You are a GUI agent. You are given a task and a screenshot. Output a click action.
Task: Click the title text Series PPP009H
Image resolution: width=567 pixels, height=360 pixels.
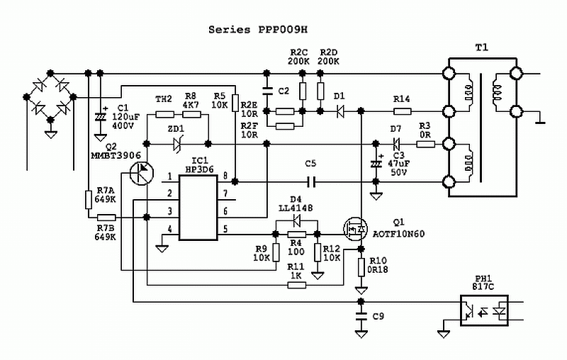click(258, 30)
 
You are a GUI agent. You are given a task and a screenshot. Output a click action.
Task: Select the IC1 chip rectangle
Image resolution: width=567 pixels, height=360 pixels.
click(198, 208)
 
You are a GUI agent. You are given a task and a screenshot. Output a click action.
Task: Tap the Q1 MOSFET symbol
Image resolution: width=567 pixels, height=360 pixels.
click(355, 229)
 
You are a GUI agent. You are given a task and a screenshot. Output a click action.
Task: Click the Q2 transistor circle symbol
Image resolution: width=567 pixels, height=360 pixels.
click(141, 174)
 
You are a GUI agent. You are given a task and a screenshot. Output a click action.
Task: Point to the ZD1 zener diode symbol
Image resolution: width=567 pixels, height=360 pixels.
click(177, 144)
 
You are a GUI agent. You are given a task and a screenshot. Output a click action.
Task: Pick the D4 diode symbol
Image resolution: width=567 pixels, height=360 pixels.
click(297, 220)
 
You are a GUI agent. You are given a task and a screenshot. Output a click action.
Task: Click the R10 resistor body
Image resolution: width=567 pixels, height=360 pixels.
click(361, 267)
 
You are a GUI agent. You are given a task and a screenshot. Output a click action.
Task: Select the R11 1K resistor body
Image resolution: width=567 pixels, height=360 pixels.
click(297, 285)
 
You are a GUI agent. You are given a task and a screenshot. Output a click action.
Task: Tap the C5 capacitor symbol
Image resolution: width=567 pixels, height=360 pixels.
click(310, 182)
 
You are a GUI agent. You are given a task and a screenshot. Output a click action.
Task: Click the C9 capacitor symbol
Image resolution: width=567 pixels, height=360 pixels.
click(361, 317)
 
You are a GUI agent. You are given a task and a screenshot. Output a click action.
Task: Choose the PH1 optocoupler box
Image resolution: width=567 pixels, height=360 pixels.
click(484, 310)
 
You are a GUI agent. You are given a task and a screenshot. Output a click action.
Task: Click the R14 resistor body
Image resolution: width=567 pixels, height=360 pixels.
click(402, 111)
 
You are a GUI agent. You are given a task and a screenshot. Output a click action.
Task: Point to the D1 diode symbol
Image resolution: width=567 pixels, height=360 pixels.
click(340, 111)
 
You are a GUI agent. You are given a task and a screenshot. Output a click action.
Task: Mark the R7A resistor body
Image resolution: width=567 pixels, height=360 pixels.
click(89, 200)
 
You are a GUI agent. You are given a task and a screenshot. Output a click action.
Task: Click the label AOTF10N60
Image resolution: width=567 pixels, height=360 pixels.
click(398, 234)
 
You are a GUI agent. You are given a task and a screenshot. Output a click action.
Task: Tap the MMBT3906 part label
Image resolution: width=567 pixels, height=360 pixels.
click(116, 155)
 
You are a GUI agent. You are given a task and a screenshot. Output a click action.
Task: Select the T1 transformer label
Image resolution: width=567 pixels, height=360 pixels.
click(481, 47)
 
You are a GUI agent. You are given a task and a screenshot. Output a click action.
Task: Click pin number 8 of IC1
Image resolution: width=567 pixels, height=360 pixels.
click(225, 176)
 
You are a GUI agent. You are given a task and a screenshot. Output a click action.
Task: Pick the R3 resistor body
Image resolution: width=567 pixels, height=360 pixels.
click(426, 145)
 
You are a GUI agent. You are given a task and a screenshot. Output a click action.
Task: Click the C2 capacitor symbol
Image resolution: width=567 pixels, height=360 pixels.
click(267, 91)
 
